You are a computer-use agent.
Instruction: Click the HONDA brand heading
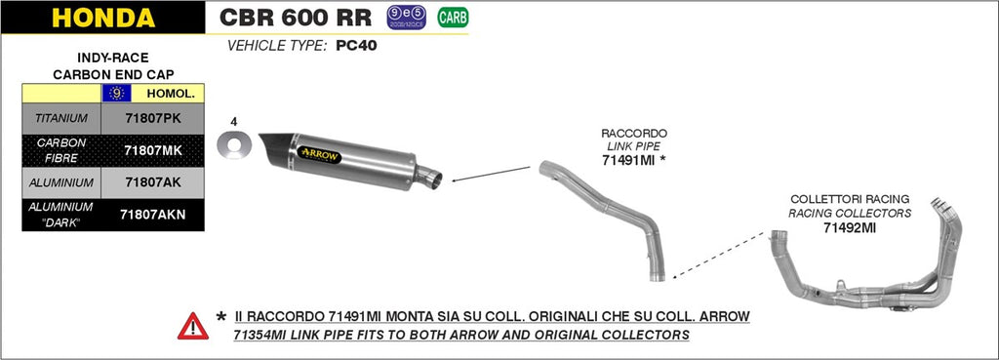(x=102, y=18)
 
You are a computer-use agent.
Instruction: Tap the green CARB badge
(x=452, y=17)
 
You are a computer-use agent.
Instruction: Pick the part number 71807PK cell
(x=152, y=118)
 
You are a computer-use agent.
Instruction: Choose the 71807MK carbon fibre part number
(x=152, y=150)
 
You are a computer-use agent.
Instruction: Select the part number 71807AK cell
(x=152, y=181)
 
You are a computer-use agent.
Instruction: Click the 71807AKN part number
(x=152, y=214)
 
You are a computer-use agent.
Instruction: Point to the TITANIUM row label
(x=61, y=118)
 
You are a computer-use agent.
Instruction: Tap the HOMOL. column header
(x=170, y=94)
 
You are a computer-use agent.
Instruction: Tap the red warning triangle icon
(x=193, y=325)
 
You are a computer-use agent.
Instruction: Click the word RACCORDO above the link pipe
(x=634, y=132)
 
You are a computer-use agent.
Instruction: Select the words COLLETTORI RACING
(x=849, y=199)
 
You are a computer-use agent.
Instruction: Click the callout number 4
(x=234, y=122)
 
